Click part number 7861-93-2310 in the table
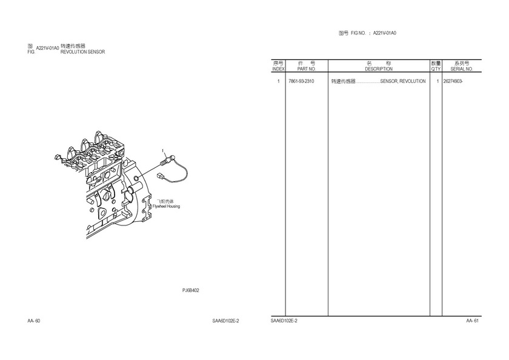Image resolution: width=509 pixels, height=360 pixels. (301, 81)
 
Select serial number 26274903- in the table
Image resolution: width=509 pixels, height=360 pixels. (453, 81)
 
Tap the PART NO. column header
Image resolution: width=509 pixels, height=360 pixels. (307, 69)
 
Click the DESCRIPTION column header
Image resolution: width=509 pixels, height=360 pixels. (379, 69)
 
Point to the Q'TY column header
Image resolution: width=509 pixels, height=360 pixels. (436, 69)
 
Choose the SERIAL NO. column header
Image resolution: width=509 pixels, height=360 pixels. (462, 69)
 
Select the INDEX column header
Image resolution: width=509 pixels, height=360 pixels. (278, 69)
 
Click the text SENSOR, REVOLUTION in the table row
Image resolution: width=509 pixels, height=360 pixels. (403, 81)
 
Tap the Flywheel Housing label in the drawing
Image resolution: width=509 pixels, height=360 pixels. (166, 206)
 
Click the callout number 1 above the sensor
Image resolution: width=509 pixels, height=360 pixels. (163, 151)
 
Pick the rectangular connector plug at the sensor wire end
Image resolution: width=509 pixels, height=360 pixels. (160, 176)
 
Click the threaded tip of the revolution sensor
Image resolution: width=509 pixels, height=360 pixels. (163, 163)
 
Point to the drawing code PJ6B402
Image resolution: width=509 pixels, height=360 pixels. (190, 290)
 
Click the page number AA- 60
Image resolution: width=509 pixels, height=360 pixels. (34, 321)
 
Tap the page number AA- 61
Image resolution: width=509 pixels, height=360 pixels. (472, 321)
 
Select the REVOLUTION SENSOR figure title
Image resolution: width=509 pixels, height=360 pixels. (83, 52)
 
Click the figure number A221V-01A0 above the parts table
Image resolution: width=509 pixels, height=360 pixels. (385, 33)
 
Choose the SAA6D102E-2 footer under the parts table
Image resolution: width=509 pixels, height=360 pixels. (284, 321)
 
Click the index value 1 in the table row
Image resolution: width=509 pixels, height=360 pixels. (278, 81)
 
